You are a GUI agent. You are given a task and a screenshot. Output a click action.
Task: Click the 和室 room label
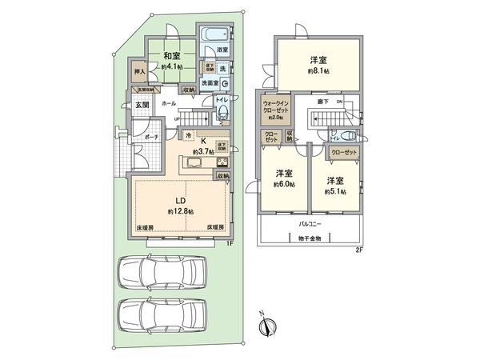(x=170, y=56)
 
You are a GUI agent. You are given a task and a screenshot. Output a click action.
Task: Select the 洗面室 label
(x=210, y=82)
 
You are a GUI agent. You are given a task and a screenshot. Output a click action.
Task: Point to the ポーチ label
(x=150, y=138)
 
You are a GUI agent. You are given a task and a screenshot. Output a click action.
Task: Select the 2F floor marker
(x=359, y=249)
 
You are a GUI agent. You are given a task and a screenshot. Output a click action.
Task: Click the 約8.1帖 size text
(x=318, y=70)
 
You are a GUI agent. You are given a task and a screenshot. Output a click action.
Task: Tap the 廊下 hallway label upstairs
(x=319, y=102)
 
